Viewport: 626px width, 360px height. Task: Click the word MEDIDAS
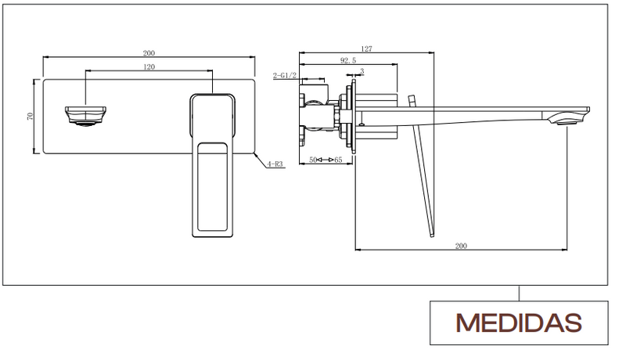(x=519, y=323)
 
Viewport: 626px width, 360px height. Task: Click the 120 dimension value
(x=149, y=67)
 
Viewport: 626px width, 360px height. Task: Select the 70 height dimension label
(x=30, y=116)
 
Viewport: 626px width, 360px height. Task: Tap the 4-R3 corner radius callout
(x=275, y=164)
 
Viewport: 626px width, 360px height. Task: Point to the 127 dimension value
(x=366, y=49)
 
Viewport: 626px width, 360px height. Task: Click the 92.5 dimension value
(x=348, y=61)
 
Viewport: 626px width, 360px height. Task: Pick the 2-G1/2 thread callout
(x=285, y=75)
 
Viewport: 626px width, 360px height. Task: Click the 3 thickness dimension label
(x=362, y=71)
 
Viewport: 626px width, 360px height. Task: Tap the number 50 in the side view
(x=313, y=160)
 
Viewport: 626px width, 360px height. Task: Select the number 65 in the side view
(x=338, y=160)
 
